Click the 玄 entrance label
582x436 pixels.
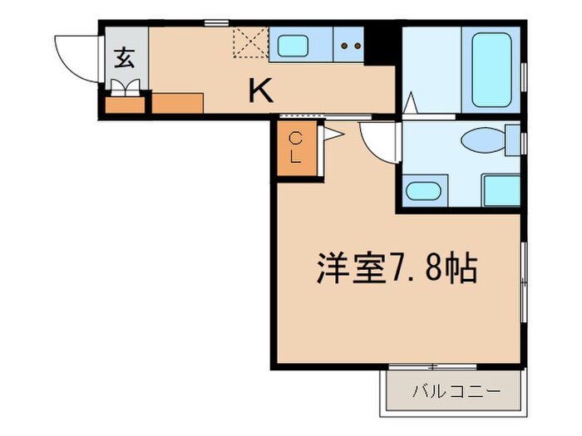[x=125, y=58]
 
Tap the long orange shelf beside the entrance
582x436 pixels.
[x=178, y=103]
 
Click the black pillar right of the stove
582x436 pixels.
[x=382, y=45]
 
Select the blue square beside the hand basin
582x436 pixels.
[x=501, y=190]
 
